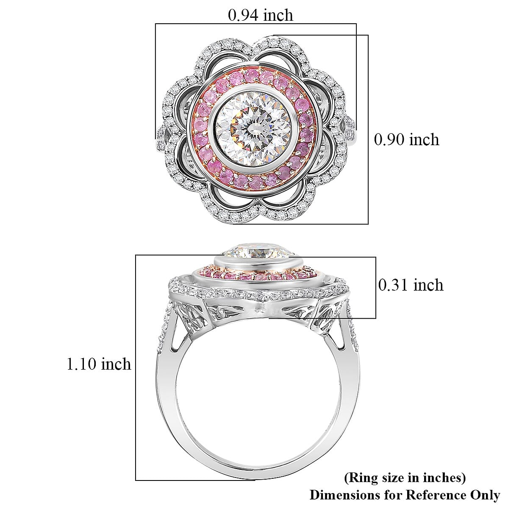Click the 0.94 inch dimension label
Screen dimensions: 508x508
coord(260,16)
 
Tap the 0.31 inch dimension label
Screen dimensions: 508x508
coord(410,285)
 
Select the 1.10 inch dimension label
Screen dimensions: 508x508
coord(99,364)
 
